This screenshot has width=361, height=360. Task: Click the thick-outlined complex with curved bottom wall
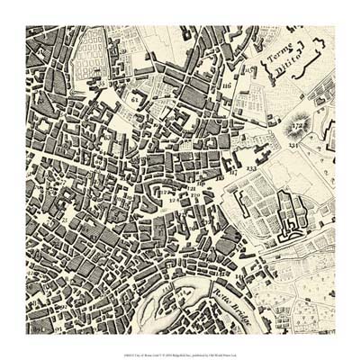click(x=288, y=216)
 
